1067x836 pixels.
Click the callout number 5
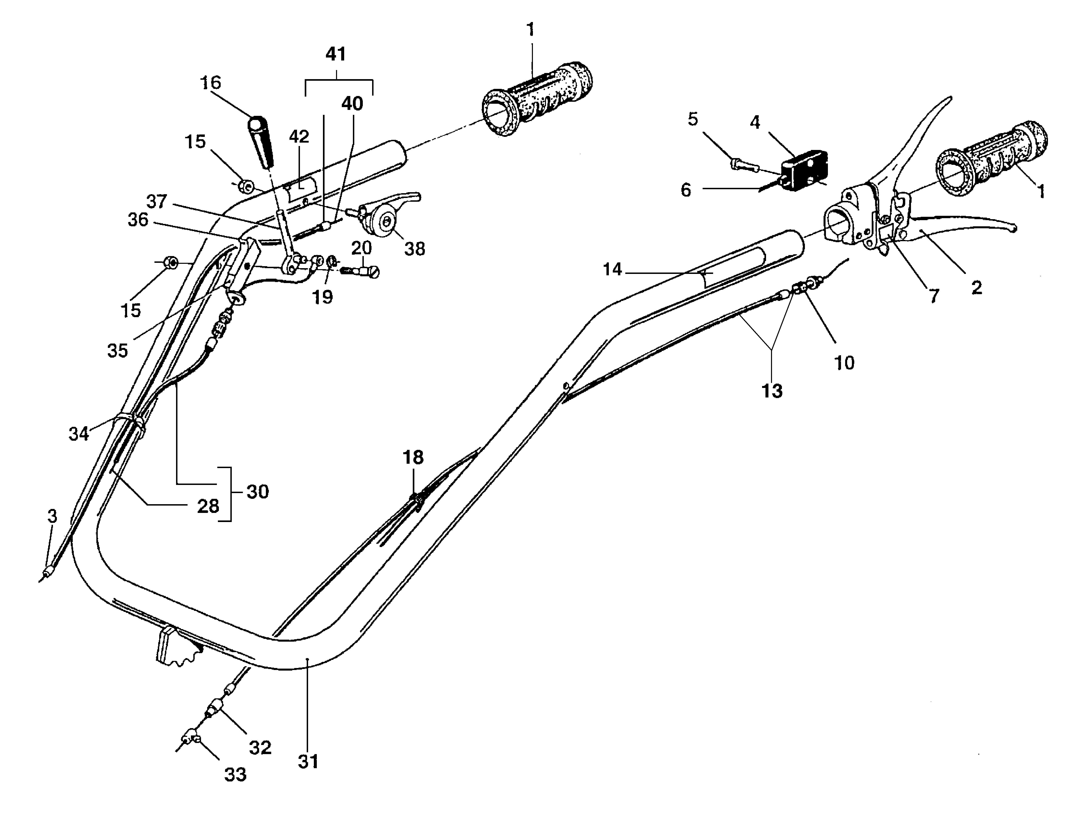[693, 119]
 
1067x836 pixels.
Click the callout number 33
[235, 775]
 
